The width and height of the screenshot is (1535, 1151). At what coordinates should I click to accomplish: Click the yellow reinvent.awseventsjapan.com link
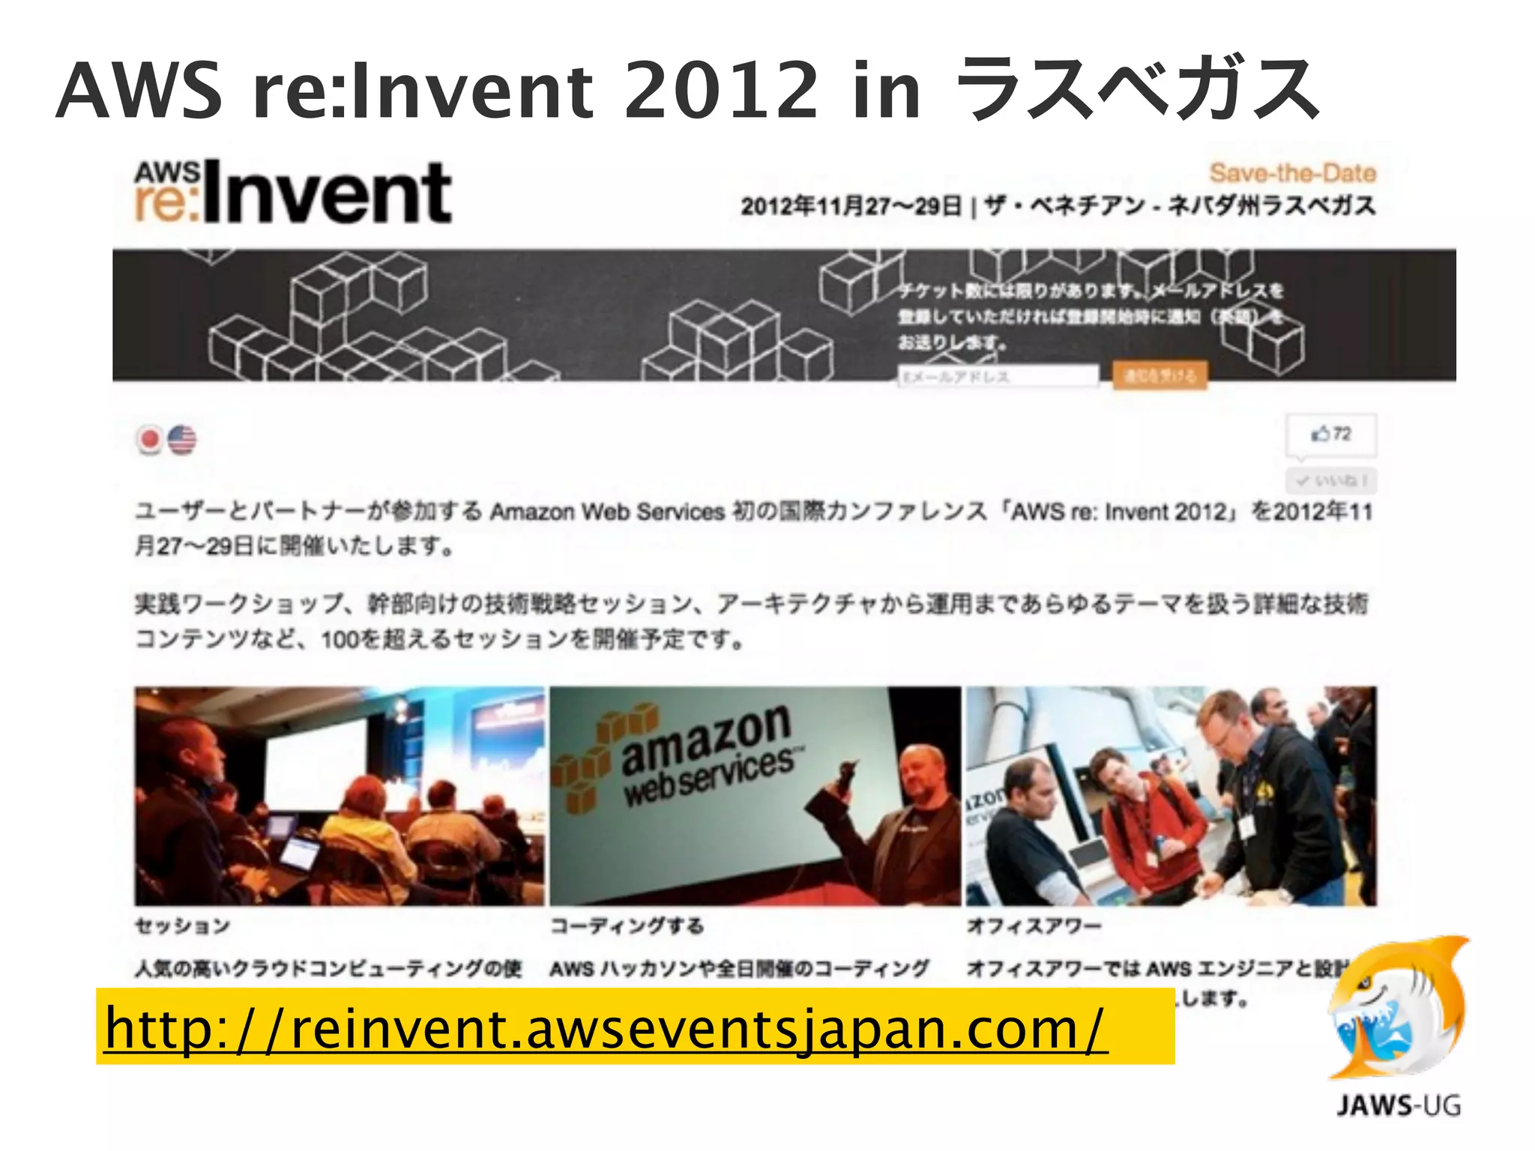click(606, 1028)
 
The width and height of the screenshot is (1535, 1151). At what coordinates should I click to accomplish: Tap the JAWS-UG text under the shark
click(1398, 1105)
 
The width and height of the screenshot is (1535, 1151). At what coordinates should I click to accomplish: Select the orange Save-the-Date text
click(1292, 173)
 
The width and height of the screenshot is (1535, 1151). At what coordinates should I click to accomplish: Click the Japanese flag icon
click(150, 439)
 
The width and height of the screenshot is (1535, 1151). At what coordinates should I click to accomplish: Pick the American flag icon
click(182, 439)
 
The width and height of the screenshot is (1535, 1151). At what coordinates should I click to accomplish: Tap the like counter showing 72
click(1331, 434)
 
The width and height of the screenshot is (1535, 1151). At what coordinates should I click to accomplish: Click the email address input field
click(998, 376)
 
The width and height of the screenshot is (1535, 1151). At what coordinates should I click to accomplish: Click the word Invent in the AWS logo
click(327, 193)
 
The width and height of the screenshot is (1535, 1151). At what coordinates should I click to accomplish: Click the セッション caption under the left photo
click(182, 926)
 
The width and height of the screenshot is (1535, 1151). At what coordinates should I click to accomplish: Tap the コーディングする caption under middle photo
click(627, 926)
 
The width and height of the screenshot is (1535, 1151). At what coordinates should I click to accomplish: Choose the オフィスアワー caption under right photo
click(1034, 926)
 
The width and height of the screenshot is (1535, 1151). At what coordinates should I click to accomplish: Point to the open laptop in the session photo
click(300, 854)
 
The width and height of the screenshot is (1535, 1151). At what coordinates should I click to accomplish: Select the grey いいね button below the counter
click(1331, 480)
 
